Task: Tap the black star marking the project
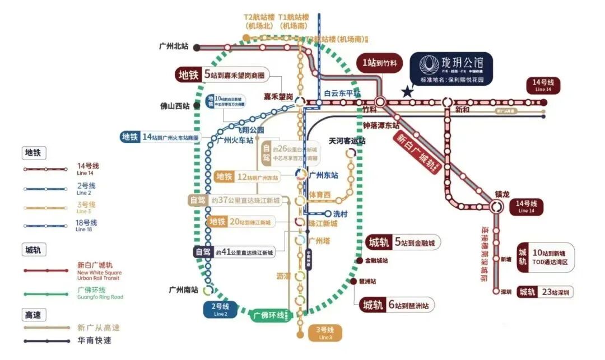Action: coord(407,91)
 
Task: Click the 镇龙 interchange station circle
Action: coord(496,207)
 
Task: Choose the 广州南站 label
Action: coord(183,290)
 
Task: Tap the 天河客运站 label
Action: coord(347,141)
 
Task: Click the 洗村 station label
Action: coord(341,213)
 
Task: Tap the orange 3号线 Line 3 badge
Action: coord(325,333)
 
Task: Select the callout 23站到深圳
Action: coord(545,292)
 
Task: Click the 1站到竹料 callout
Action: coord(379,63)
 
